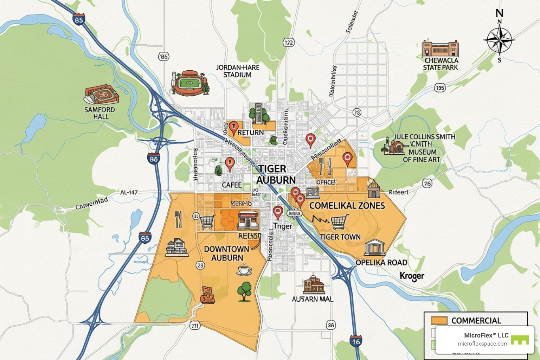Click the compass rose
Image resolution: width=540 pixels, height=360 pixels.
pyautogui.click(x=499, y=39)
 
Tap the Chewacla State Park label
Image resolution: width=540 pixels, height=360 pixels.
pyautogui.click(x=441, y=64)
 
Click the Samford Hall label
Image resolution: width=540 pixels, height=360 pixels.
pyautogui.click(x=99, y=112)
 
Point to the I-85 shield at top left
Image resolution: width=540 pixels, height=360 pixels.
pyautogui.click(x=79, y=19)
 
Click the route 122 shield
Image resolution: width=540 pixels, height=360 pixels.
pyautogui.click(x=288, y=43)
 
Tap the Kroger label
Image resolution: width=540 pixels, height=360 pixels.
pyautogui.click(x=412, y=276)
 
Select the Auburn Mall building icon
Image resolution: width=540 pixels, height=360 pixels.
pyautogui.click(x=313, y=285)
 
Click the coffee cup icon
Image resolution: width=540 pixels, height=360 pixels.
pyautogui.click(x=244, y=270)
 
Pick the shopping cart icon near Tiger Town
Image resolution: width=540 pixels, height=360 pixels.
pyautogui.click(x=339, y=222)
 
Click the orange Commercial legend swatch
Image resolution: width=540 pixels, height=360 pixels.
pyautogui.click(x=439, y=320)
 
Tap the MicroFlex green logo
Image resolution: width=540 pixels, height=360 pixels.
pyautogui.click(x=520, y=340)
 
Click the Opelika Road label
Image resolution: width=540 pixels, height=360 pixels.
pyautogui.click(x=381, y=263)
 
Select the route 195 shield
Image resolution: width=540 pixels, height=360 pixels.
pyautogui.click(x=439, y=88)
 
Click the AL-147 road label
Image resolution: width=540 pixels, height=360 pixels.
pyautogui.click(x=129, y=192)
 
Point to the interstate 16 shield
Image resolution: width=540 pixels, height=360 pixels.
pyautogui.click(x=356, y=341)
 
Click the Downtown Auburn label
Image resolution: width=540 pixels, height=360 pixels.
pyautogui.click(x=227, y=253)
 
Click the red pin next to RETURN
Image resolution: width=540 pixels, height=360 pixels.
pyautogui.click(x=233, y=127)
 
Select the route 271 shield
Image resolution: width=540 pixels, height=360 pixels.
pyautogui.click(x=195, y=326)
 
